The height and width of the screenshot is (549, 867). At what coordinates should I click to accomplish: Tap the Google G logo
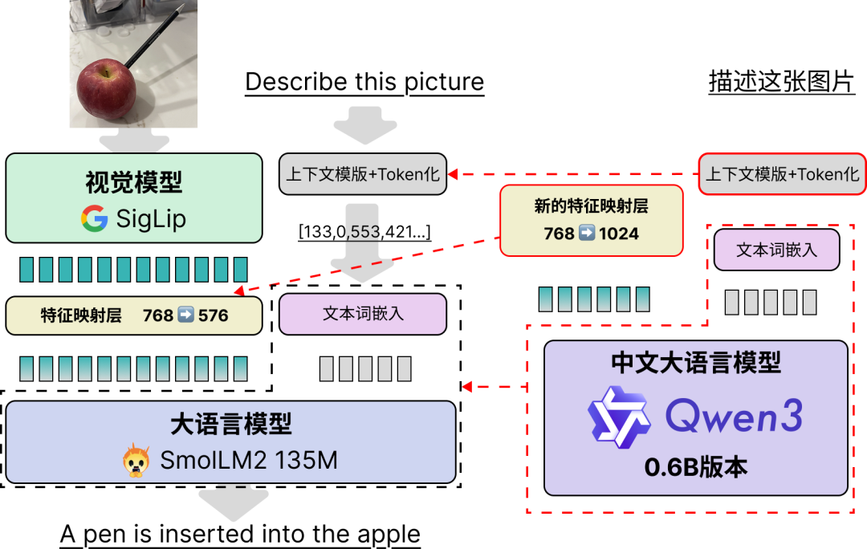pos(95,218)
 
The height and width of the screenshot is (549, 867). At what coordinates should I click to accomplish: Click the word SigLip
pos(151,218)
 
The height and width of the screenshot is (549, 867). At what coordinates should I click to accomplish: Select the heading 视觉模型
pos(134,183)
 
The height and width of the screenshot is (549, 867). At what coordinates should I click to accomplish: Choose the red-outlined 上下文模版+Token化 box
pos(782,174)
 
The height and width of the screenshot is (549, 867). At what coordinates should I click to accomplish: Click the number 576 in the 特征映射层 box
pos(213,315)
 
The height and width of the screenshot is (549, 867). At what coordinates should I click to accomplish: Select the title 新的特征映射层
pos(591,206)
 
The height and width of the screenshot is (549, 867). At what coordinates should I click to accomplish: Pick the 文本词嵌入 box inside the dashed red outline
pos(776,250)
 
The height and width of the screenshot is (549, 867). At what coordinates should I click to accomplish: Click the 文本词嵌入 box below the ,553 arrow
pos(363,314)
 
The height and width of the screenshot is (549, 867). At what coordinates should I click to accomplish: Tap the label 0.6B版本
pos(695,467)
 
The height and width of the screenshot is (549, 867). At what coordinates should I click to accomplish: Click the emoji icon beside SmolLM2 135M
pos(136,461)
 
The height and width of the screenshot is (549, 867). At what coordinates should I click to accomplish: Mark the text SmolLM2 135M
pos(248,461)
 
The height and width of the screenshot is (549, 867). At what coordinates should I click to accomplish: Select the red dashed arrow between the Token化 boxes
pos(573,174)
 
